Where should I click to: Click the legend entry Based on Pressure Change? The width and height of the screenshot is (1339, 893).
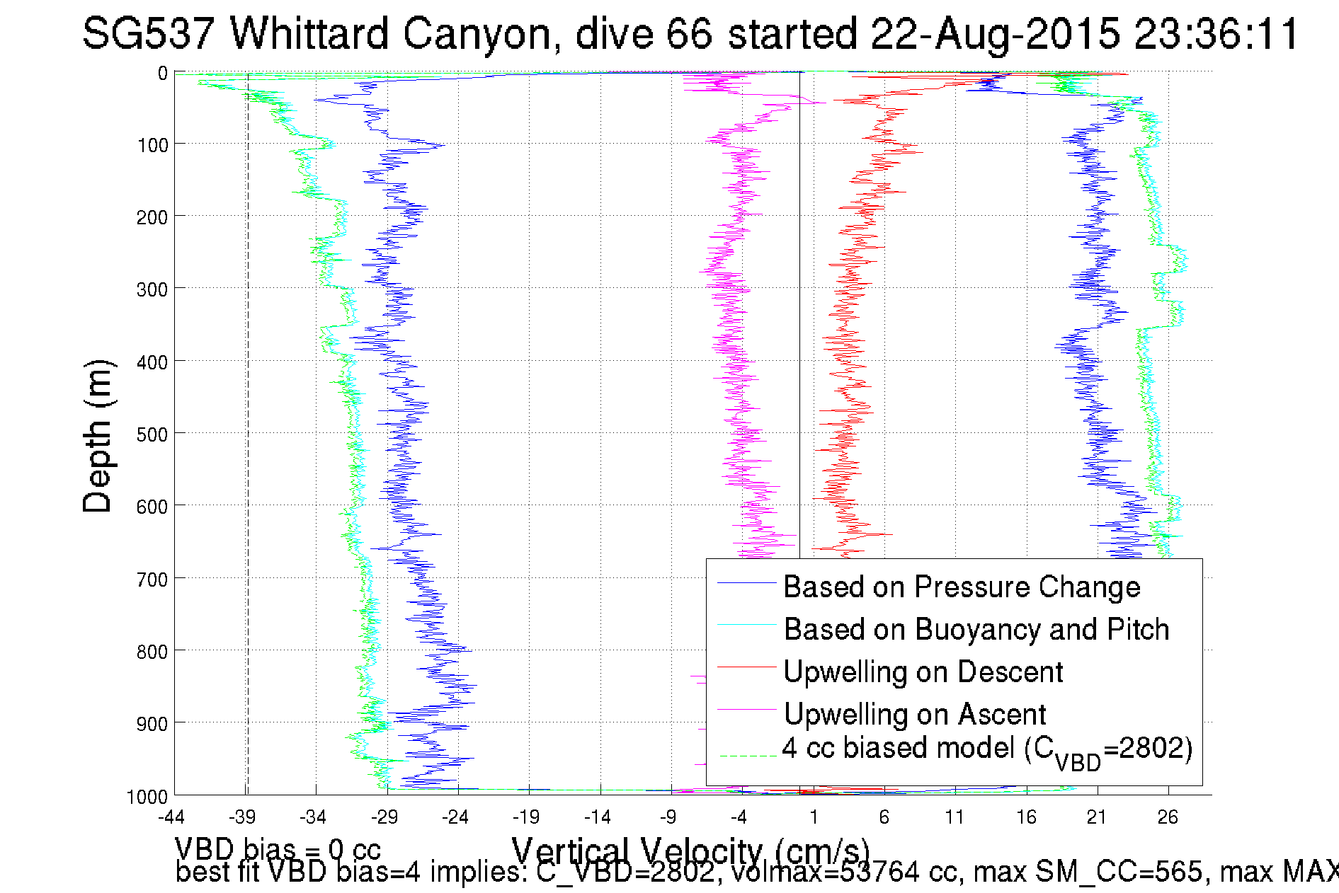tap(962, 587)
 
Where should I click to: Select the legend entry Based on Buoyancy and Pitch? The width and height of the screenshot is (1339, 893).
tap(976, 629)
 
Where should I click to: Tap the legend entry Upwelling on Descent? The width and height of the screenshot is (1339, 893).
tap(923, 672)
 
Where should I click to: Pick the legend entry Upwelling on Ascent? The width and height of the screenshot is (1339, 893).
tap(914, 714)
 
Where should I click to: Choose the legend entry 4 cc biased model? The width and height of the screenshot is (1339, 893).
tap(987, 749)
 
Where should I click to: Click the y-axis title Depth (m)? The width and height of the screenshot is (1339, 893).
tap(98, 436)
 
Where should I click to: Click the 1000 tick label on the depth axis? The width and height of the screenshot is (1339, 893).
tap(147, 797)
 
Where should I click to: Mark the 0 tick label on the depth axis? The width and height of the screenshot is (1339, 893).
tap(162, 73)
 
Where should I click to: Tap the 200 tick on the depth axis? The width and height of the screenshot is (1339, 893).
tap(152, 217)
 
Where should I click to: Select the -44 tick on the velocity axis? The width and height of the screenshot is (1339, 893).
tap(171, 818)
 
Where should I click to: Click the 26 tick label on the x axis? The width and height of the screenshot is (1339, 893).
tap(1168, 818)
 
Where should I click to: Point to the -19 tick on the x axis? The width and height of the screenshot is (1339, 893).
tap(526, 818)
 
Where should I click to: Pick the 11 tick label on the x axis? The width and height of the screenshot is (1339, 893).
tap(955, 818)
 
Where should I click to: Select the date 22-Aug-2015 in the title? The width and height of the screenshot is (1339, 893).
tap(996, 33)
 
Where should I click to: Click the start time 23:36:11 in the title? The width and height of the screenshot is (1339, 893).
tap(1217, 33)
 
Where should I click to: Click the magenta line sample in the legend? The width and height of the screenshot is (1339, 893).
tap(746, 709)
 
